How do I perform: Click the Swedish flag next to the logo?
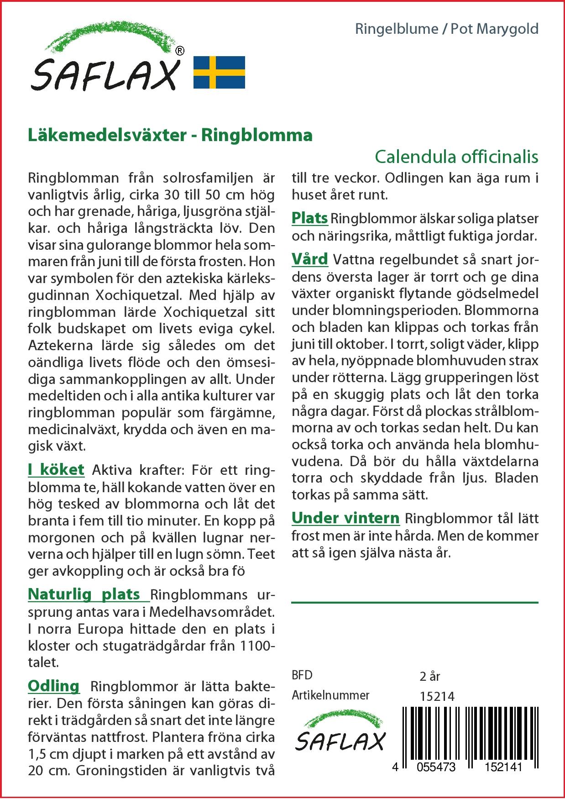coord(219,72)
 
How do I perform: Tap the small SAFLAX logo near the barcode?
coord(340,732)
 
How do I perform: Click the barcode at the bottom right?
coord(470,735)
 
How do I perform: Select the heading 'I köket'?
coord(56,470)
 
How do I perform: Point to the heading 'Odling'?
coord(54,686)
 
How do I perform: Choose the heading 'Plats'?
coord(309,218)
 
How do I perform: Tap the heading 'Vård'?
coord(310,259)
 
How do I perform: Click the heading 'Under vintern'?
coord(345,518)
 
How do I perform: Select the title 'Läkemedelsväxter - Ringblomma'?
coord(170,135)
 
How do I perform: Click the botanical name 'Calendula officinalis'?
coord(456,157)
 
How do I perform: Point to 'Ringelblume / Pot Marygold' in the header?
coord(447,29)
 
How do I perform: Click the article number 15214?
coord(437,696)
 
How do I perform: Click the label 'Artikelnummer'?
coord(330,695)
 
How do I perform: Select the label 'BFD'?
coord(302,675)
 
